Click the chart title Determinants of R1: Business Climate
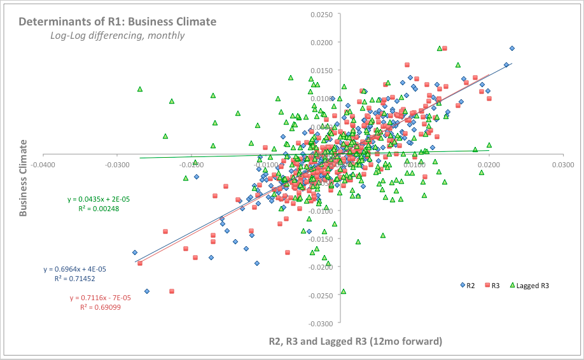(x=117, y=22)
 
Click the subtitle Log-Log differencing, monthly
(x=118, y=36)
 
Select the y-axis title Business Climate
(x=23, y=180)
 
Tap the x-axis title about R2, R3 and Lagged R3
(x=355, y=342)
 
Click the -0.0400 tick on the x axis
(x=42, y=164)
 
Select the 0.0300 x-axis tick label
(x=562, y=164)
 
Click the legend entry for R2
(x=468, y=286)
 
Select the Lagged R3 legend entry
(x=529, y=286)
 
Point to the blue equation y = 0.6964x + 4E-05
(x=75, y=269)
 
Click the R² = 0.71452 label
(x=75, y=278)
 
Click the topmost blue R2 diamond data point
(x=512, y=48)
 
